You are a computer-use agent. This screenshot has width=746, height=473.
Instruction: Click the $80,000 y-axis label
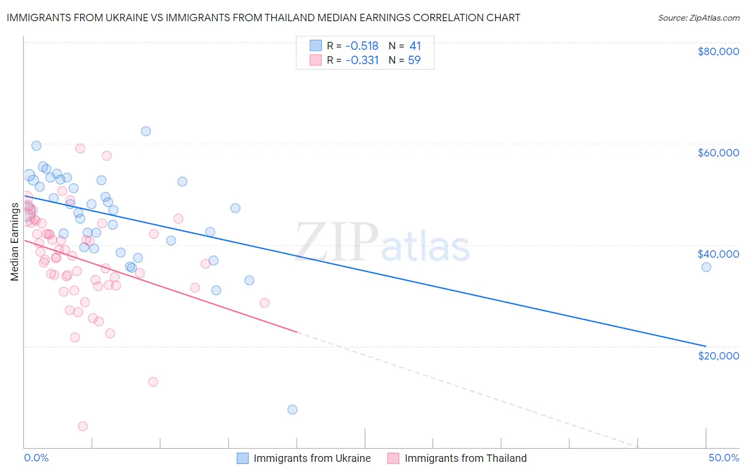[718, 51]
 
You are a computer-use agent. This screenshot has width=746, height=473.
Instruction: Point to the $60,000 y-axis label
[718, 153]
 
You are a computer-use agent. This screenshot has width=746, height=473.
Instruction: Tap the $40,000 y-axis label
[718, 254]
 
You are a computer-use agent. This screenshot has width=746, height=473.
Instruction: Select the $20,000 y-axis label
[718, 355]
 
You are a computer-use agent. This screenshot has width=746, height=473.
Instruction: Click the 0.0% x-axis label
[36, 458]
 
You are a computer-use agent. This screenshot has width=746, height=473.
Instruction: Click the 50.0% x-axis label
[724, 458]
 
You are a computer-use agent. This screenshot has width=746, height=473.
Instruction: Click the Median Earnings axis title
[15, 241]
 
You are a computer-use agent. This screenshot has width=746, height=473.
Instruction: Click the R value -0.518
[362, 46]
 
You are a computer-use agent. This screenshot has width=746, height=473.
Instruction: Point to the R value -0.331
[362, 60]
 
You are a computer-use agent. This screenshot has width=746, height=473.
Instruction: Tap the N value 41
[415, 46]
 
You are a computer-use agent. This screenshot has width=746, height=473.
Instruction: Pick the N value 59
[414, 60]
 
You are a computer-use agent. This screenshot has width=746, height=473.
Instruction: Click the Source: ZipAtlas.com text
[698, 17]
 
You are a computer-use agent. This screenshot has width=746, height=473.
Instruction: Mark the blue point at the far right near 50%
[706, 267]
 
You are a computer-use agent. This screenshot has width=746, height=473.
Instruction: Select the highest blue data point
[146, 131]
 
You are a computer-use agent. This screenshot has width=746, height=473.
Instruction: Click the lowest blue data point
[292, 409]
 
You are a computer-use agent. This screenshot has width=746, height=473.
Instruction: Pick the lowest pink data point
[83, 426]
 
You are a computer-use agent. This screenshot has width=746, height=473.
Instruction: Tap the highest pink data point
[80, 148]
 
